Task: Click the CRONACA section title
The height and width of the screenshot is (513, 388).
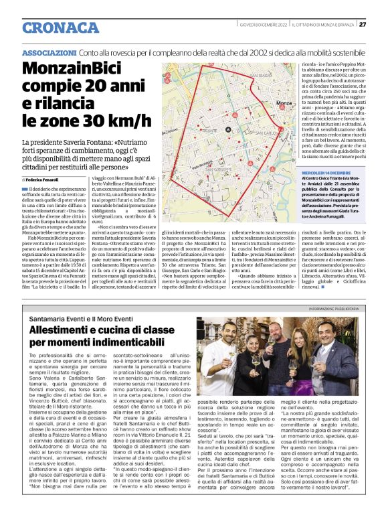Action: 60,27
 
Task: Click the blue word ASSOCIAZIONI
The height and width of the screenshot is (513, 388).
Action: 49,52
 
